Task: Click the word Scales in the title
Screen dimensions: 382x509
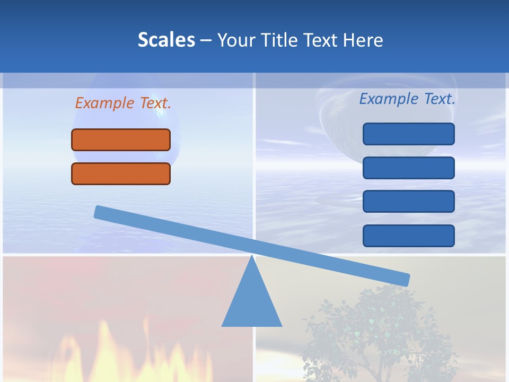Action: (166, 40)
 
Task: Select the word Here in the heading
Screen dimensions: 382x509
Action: (363, 40)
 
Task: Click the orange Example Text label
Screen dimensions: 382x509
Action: (123, 103)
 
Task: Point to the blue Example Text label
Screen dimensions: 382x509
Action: (407, 99)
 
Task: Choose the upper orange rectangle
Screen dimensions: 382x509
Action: (121, 140)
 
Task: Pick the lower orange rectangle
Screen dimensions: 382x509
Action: (121, 173)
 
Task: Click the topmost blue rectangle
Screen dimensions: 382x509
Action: (408, 134)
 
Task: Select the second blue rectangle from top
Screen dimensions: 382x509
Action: (408, 168)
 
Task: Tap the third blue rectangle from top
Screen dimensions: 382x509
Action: (408, 201)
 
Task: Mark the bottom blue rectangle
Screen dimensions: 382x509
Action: (408, 236)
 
